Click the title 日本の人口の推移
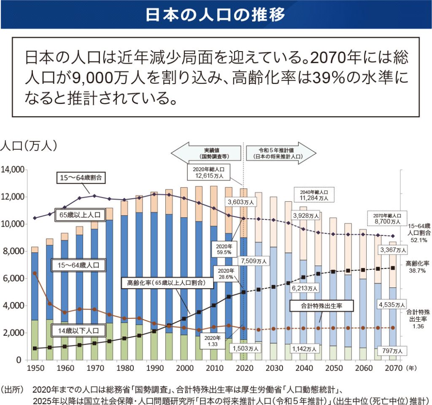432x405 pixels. point(216,14)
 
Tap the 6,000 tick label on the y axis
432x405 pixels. point(13,279)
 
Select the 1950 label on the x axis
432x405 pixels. point(35,369)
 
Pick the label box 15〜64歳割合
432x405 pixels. point(81,178)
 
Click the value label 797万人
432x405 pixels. point(393,350)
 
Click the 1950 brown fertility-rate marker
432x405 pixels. point(35,273)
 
